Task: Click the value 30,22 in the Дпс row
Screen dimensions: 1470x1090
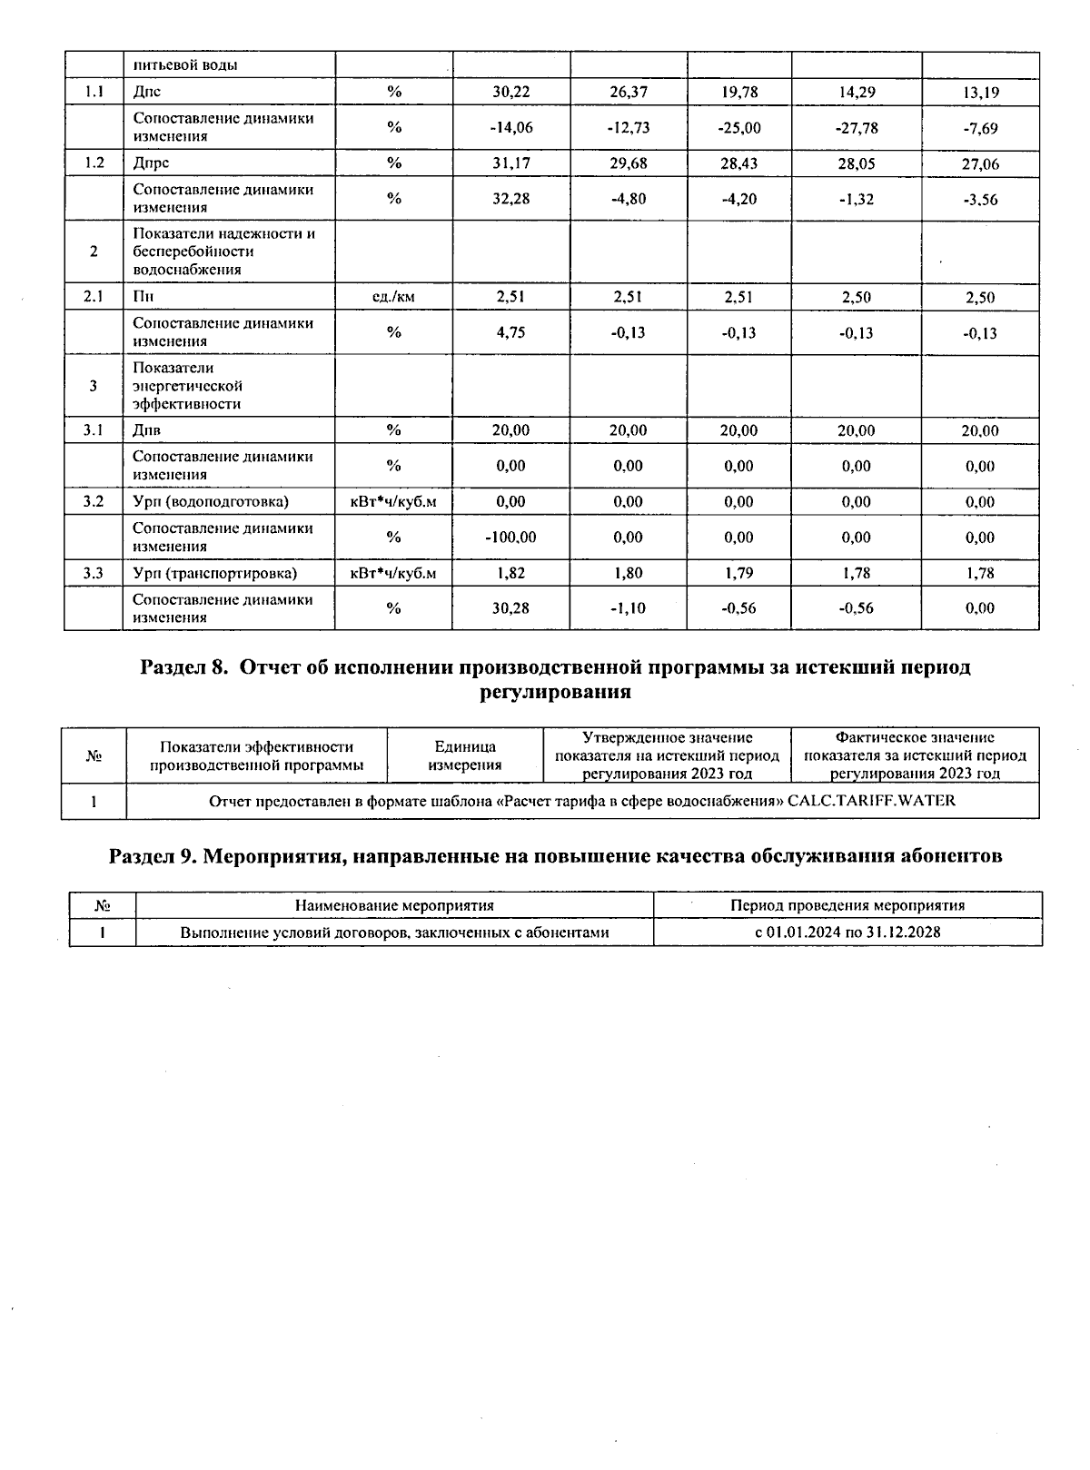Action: tap(510, 92)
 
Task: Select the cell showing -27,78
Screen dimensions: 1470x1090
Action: tap(856, 127)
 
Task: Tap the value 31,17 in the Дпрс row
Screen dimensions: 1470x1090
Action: tap(510, 163)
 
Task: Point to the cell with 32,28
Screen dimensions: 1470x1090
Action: tap(510, 199)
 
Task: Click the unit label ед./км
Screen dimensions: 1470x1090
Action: tap(393, 297)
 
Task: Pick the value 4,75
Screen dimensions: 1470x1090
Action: tap(510, 332)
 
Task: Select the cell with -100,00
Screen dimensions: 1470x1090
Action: tap(510, 538)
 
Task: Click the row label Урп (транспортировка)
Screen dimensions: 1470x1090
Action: tap(214, 573)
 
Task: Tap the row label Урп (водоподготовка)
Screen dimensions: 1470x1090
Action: tap(211, 502)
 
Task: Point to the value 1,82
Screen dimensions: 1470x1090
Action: tap(510, 573)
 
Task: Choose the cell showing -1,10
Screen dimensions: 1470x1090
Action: tap(628, 608)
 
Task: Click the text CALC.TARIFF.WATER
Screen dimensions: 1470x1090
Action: tap(871, 801)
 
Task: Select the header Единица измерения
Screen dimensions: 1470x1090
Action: tap(464, 755)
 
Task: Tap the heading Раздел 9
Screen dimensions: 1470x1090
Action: tap(151, 856)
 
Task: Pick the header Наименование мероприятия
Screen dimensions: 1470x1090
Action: tap(394, 905)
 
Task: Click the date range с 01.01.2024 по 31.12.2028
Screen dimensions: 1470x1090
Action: tap(847, 932)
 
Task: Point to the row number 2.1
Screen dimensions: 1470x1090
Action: tap(94, 297)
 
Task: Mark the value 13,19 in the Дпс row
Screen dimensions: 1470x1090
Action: tap(980, 92)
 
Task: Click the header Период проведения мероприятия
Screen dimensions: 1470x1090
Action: tap(847, 905)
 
